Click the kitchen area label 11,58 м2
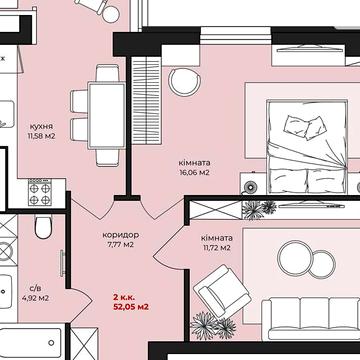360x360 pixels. point(42,136)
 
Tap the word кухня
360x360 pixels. point(41,127)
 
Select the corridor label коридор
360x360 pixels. point(121,235)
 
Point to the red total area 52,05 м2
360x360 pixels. point(131,307)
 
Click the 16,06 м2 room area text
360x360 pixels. point(194,172)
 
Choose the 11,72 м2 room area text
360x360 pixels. point(217,248)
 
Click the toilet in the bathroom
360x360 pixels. point(44,227)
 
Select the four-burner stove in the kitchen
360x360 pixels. point(40,192)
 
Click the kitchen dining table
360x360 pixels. point(107,115)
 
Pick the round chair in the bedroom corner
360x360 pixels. point(184,82)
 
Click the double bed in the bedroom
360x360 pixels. point(307,146)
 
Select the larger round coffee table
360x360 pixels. point(294,258)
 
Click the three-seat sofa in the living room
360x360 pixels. point(311,319)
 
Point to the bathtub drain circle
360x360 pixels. point(51,343)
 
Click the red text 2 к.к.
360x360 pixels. point(124,297)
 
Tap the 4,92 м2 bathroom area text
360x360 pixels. point(35,298)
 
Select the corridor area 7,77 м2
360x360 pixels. point(121,245)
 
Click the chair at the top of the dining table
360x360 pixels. point(107,73)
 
